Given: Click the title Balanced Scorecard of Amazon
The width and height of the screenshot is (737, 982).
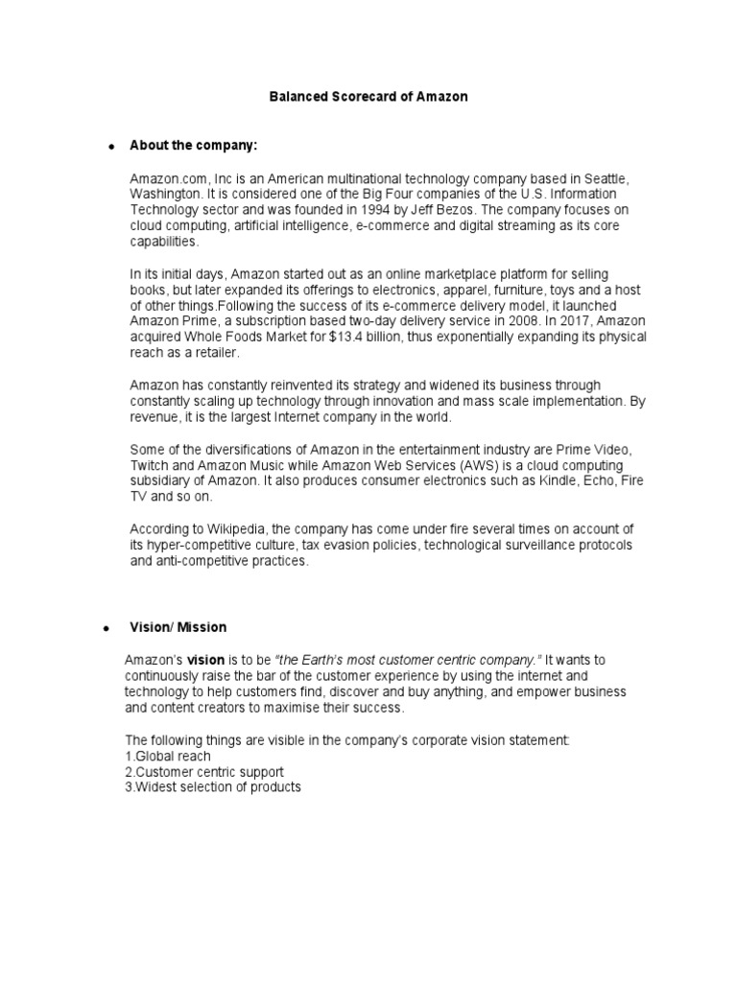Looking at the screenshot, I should tap(368, 97).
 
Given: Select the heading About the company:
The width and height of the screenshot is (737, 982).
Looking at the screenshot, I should tap(195, 145).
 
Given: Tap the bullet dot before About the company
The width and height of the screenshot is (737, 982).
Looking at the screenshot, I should tap(111, 146).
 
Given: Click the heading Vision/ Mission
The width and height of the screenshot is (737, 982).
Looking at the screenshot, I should tap(178, 627).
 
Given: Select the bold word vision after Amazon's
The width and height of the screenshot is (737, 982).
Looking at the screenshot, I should tap(205, 661).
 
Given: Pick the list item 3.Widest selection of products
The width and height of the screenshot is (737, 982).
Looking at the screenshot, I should tap(213, 786).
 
